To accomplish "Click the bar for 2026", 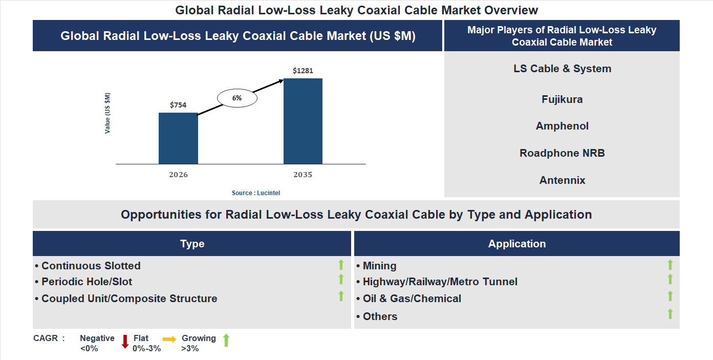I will [x=178, y=138].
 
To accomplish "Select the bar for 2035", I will [x=303, y=121].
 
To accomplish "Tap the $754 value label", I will [x=178, y=105].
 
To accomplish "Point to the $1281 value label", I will [x=303, y=71].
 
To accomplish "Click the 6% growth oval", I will [x=237, y=97].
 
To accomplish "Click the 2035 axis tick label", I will [x=303, y=175].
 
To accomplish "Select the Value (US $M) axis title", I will [x=107, y=113].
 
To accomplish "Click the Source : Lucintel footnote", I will [x=256, y=193].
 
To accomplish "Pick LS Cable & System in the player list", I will [x=562, y=69].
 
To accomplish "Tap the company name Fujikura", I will [x=562, y=99].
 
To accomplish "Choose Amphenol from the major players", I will [x=562, y=126].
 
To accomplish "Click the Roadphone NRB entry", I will [x=562, y=153].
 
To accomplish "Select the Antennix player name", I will [x=562, y=180].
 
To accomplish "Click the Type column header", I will [x=192, y=244].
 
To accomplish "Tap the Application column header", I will [x=517, y=244].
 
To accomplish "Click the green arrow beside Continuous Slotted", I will [x=341, y=265].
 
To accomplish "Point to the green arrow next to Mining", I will [x=670, y=265].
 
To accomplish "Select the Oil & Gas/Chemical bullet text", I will [x=412, y=299].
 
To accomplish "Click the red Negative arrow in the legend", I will [x=125, y=342].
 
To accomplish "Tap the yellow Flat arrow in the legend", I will [x=169, y=339].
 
